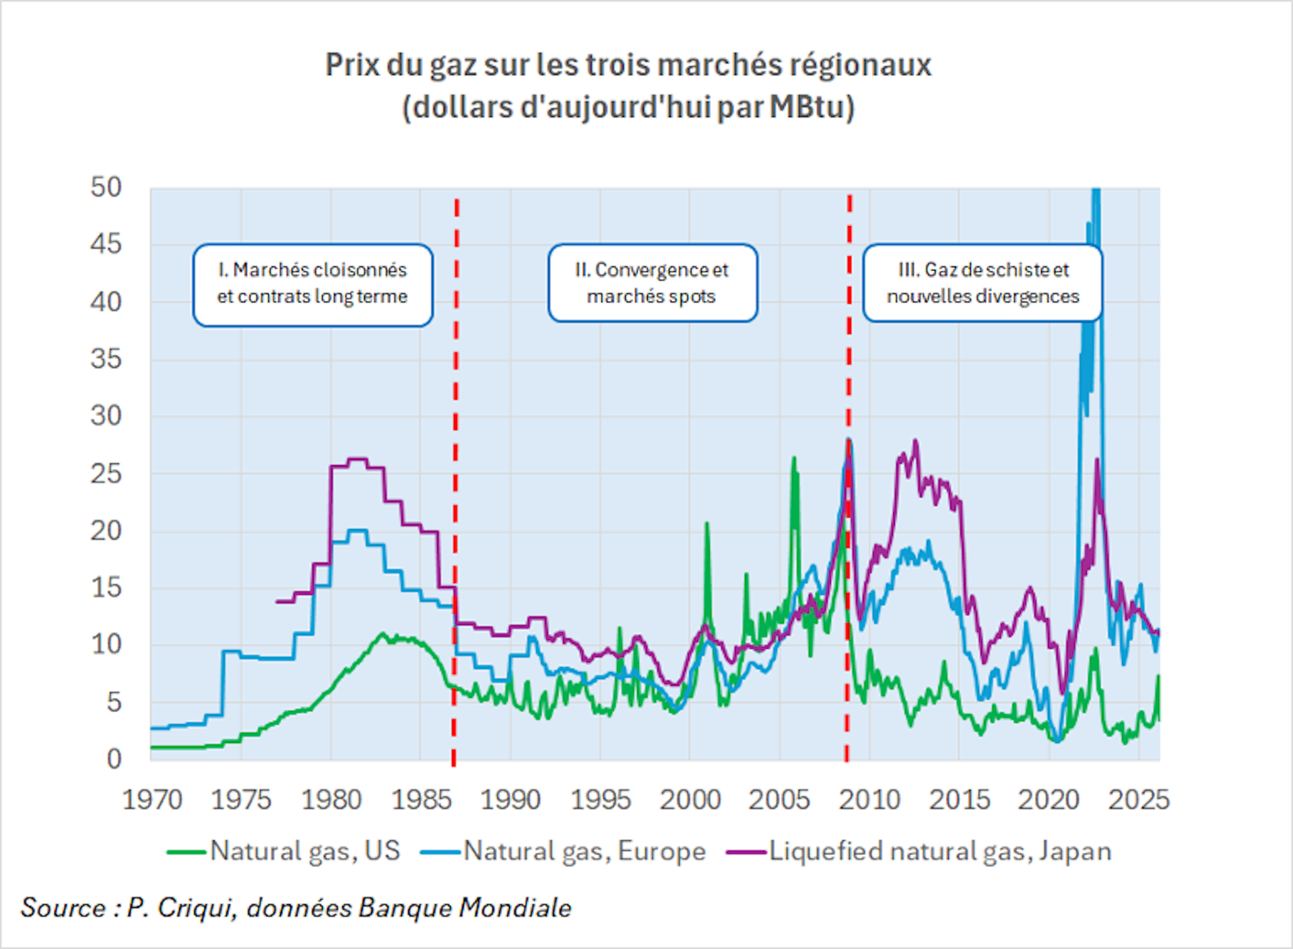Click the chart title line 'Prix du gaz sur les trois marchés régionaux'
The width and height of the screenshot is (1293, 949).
(x=628, y=65)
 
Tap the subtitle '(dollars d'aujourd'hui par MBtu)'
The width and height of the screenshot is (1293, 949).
(x=628, y=107)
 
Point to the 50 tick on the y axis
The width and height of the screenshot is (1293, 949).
(x=106, y=187)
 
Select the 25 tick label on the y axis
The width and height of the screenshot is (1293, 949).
(x=106, y=474)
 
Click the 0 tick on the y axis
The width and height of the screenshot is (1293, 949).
(x=114, y=759)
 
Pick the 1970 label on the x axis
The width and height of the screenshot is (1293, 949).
(x=152, y=800)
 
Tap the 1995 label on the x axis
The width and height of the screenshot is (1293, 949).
(x=601, y=800)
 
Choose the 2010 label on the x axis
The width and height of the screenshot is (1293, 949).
(x=869, y=800)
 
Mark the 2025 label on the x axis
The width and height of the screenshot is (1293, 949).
(x=1139, y=800)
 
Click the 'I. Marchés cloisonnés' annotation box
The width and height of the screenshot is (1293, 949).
(x=312, y=284)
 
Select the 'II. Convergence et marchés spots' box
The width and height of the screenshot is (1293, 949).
(x=652, y=283)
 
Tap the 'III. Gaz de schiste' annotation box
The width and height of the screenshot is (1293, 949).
(x=983, y=283)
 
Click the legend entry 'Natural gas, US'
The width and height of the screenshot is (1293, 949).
(x=304, y=851)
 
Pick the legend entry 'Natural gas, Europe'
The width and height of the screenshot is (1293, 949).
(x=584, y=851)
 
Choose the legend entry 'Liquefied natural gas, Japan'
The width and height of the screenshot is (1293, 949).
(x=940, y=851)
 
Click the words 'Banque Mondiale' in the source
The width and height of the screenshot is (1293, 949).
(x=465, y=908)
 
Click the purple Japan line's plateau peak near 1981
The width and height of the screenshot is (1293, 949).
(x=357, y=460)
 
